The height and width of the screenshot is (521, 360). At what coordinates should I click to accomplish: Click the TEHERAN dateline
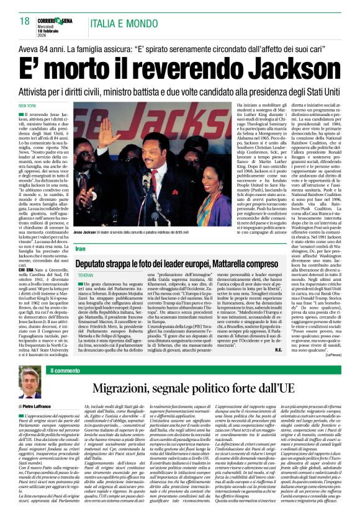[x=86, y=275]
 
